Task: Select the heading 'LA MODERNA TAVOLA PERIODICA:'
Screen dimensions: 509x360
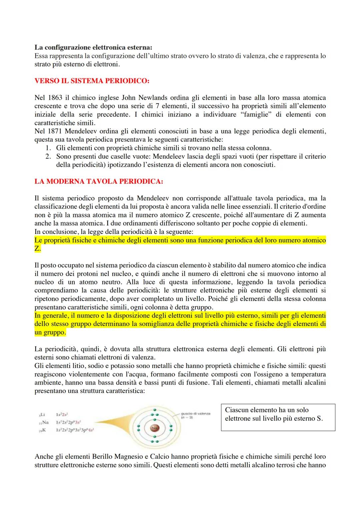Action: [x=99, y=182]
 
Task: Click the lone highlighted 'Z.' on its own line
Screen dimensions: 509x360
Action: [x=38, y=249]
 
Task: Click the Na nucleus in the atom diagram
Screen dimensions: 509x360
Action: [x=154, y=427]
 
